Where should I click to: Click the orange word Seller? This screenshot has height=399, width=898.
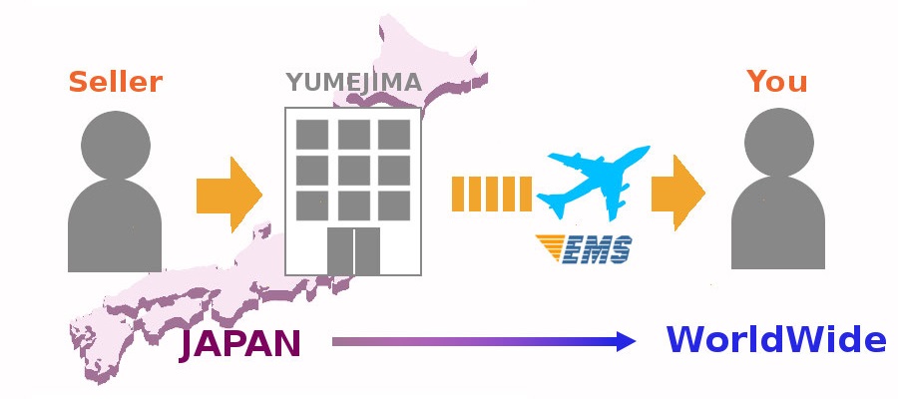click(115, 81)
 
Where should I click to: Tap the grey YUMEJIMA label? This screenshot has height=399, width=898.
click(354, 82)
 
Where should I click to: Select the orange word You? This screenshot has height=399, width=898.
click(777, 81)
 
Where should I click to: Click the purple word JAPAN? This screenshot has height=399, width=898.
click(239, 344)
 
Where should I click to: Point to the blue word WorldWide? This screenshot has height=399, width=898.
click(776, 340)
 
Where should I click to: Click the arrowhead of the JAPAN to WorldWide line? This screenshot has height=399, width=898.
click(626, 342)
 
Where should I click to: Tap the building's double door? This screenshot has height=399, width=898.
click(354, 250)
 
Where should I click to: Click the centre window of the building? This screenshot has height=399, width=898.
click(353, 170)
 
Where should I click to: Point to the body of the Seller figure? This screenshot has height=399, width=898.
click(115, 229)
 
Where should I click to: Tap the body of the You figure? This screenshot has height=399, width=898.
click(777, 229)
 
